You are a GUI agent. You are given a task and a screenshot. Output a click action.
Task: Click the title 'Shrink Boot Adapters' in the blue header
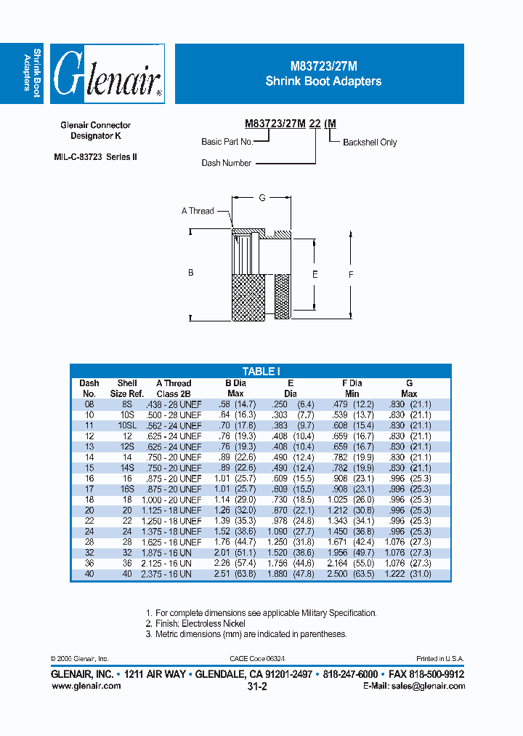click(x=323, y=81)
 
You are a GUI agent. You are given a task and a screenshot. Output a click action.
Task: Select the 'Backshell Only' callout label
click(x=370, y=143)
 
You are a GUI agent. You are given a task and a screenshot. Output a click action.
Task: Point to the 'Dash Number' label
click(x=227, y=163)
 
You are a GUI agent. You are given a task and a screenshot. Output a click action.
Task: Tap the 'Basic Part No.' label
click(x=227, y=142)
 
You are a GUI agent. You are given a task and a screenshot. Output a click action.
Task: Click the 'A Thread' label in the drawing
click(x=198, y=211)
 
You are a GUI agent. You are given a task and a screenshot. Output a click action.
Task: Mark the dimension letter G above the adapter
click(x=261, y=198)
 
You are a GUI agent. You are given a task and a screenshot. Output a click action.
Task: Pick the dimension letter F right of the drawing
click(x=351, y=274)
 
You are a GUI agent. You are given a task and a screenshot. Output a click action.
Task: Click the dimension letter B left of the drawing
click(x=191, y=273)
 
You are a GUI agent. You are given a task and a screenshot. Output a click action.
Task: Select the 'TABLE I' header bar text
click(x=261, y=371)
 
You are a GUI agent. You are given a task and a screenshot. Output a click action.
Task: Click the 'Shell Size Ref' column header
click(x=127, y=388)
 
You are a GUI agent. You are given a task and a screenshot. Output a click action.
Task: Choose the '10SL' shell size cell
click(x=127, y=425)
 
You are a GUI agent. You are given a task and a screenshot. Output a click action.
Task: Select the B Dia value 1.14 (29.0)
click(x=235, y=500)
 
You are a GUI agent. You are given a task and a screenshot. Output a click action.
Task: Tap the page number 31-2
click(x=258, y=687)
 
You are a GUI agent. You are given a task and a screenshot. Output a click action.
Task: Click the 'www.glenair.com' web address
click(x=86, y=687)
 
